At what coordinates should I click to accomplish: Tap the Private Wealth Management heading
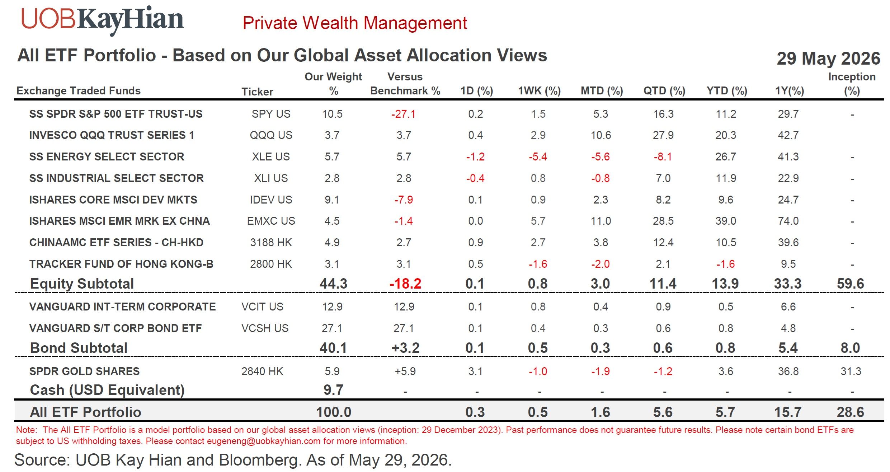[x=355, y=23]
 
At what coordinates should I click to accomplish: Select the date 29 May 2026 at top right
[x=828, y=59]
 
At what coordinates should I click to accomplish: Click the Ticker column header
[x=257, y=92]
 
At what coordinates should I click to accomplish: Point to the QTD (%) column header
[x=664, y=91]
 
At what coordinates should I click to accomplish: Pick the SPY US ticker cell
[x=271, y=114]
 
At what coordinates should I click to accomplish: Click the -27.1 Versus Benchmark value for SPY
[x=403, y=114]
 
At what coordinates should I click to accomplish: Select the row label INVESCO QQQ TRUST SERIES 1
[x=112, y=135]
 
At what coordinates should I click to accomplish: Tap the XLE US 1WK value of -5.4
[x=538, y=157]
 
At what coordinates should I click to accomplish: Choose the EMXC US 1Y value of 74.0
[x=788, y=221]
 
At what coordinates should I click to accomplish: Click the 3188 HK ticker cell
[x=271, y=243]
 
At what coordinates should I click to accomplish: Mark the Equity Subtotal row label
[x=82, y=284]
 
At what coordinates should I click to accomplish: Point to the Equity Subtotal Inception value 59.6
[x=851, y=284]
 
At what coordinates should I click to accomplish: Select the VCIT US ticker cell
[x=262, y=307]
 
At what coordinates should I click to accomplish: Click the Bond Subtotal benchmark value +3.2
[x=405, y=348]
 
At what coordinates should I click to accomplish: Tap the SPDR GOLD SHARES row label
[x=84, y=371]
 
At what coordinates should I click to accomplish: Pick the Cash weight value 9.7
[x=333, y=390]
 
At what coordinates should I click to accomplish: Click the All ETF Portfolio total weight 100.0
[x=334, y=412]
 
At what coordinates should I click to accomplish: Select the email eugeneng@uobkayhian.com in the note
[x=264, y=441]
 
